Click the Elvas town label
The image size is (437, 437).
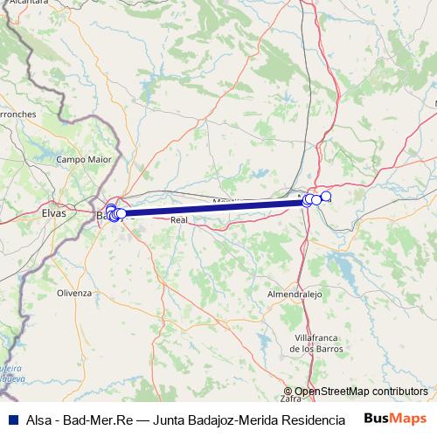pos(53,212)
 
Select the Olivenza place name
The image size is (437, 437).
pos(73,293)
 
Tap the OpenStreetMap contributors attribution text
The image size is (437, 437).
pos(360,392)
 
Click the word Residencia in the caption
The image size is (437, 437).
pos(312,420)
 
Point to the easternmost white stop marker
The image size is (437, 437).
pos(326,197)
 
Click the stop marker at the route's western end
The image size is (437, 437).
pos(121,213)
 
